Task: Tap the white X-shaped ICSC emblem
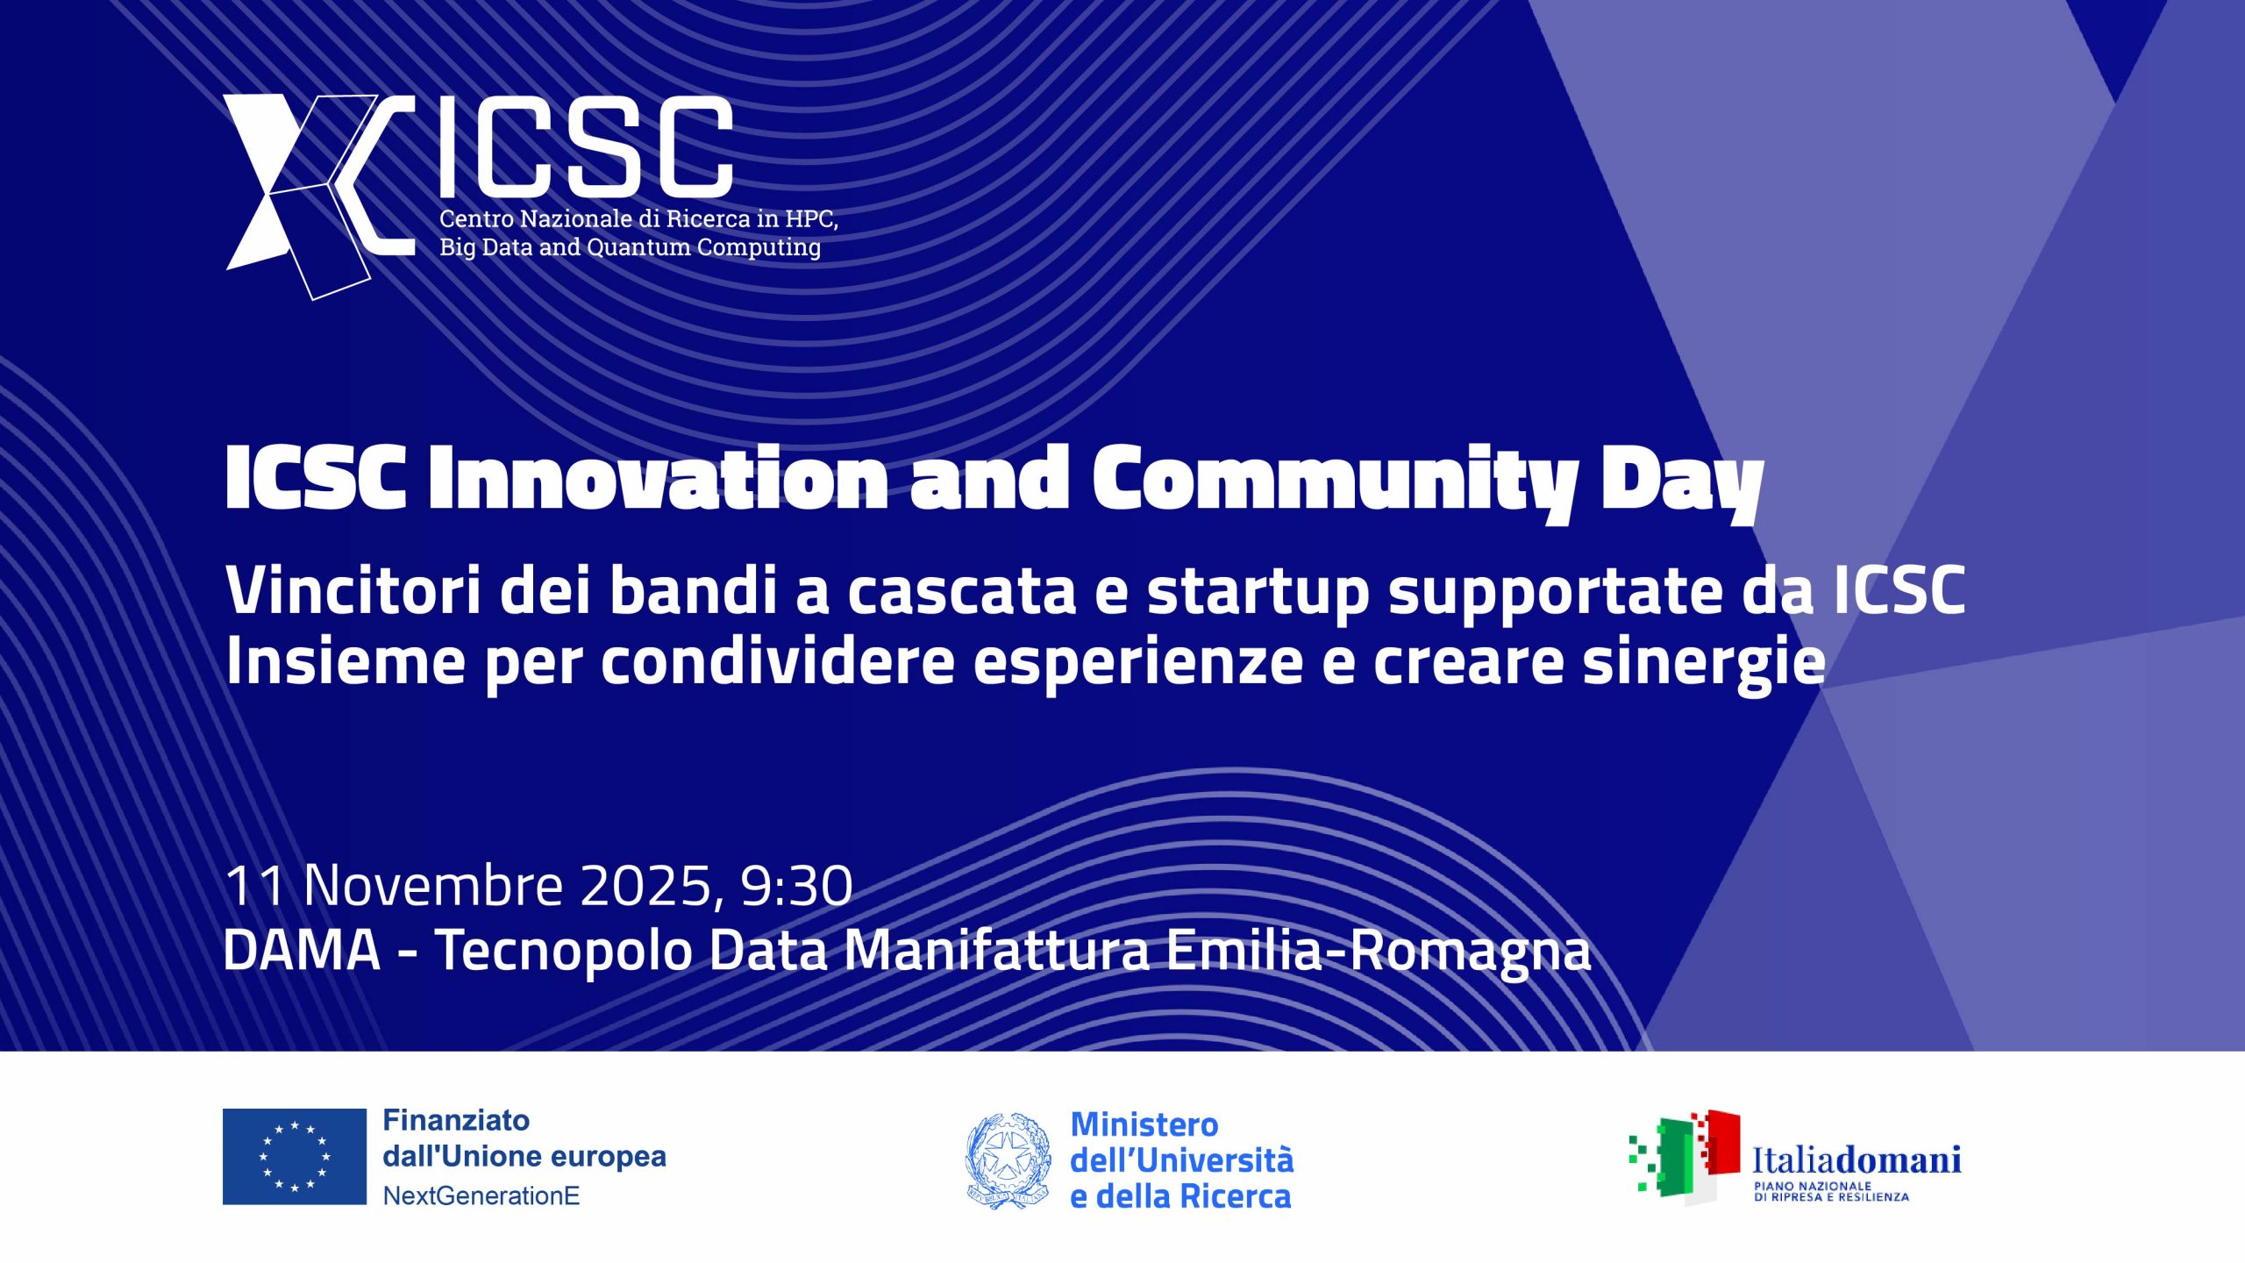click(307, 193)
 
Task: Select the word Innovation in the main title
click(658, 479)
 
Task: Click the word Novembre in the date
click(433, 885)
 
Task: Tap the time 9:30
click(796, 885)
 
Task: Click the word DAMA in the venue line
click(303, 950)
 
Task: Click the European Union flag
click(295, 1156)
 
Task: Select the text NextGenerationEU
click(481, 1195)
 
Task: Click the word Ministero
click(1144, 1124)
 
